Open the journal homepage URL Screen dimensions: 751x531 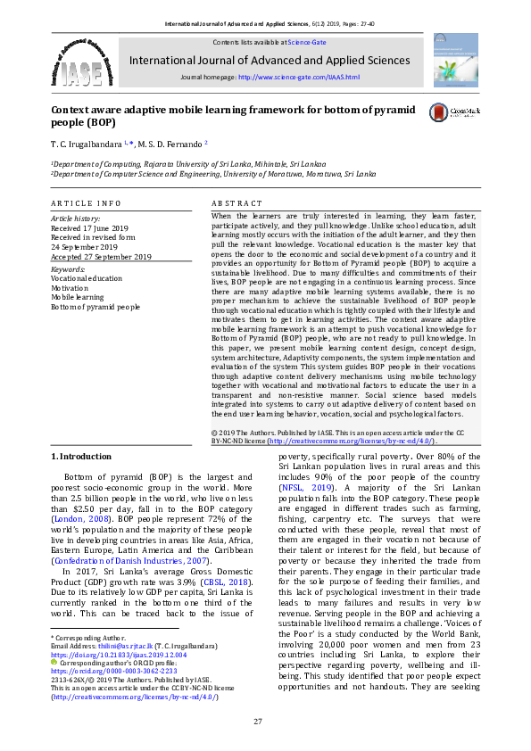point(298,78)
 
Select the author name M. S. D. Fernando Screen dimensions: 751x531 point(167,143)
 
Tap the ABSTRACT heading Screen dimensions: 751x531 point(237,204)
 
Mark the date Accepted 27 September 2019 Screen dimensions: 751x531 point(101,257)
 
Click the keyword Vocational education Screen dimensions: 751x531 point(87,277)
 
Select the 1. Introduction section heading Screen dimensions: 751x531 point(81,457)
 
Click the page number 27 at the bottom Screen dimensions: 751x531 point(258,721)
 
